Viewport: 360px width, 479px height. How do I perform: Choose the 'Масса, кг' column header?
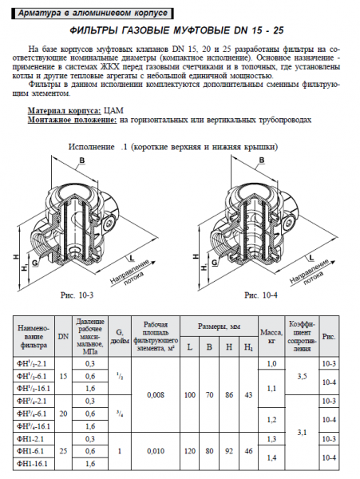click(271, 336)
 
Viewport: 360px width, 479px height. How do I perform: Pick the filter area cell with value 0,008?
click(155, 394)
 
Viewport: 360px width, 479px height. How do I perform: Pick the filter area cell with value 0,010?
click(155, 451)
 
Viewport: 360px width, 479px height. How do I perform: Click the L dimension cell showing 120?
click(189, 451)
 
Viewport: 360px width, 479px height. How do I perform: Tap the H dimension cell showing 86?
click(228, 394)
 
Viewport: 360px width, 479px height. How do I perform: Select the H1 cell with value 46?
click(248, 451)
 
